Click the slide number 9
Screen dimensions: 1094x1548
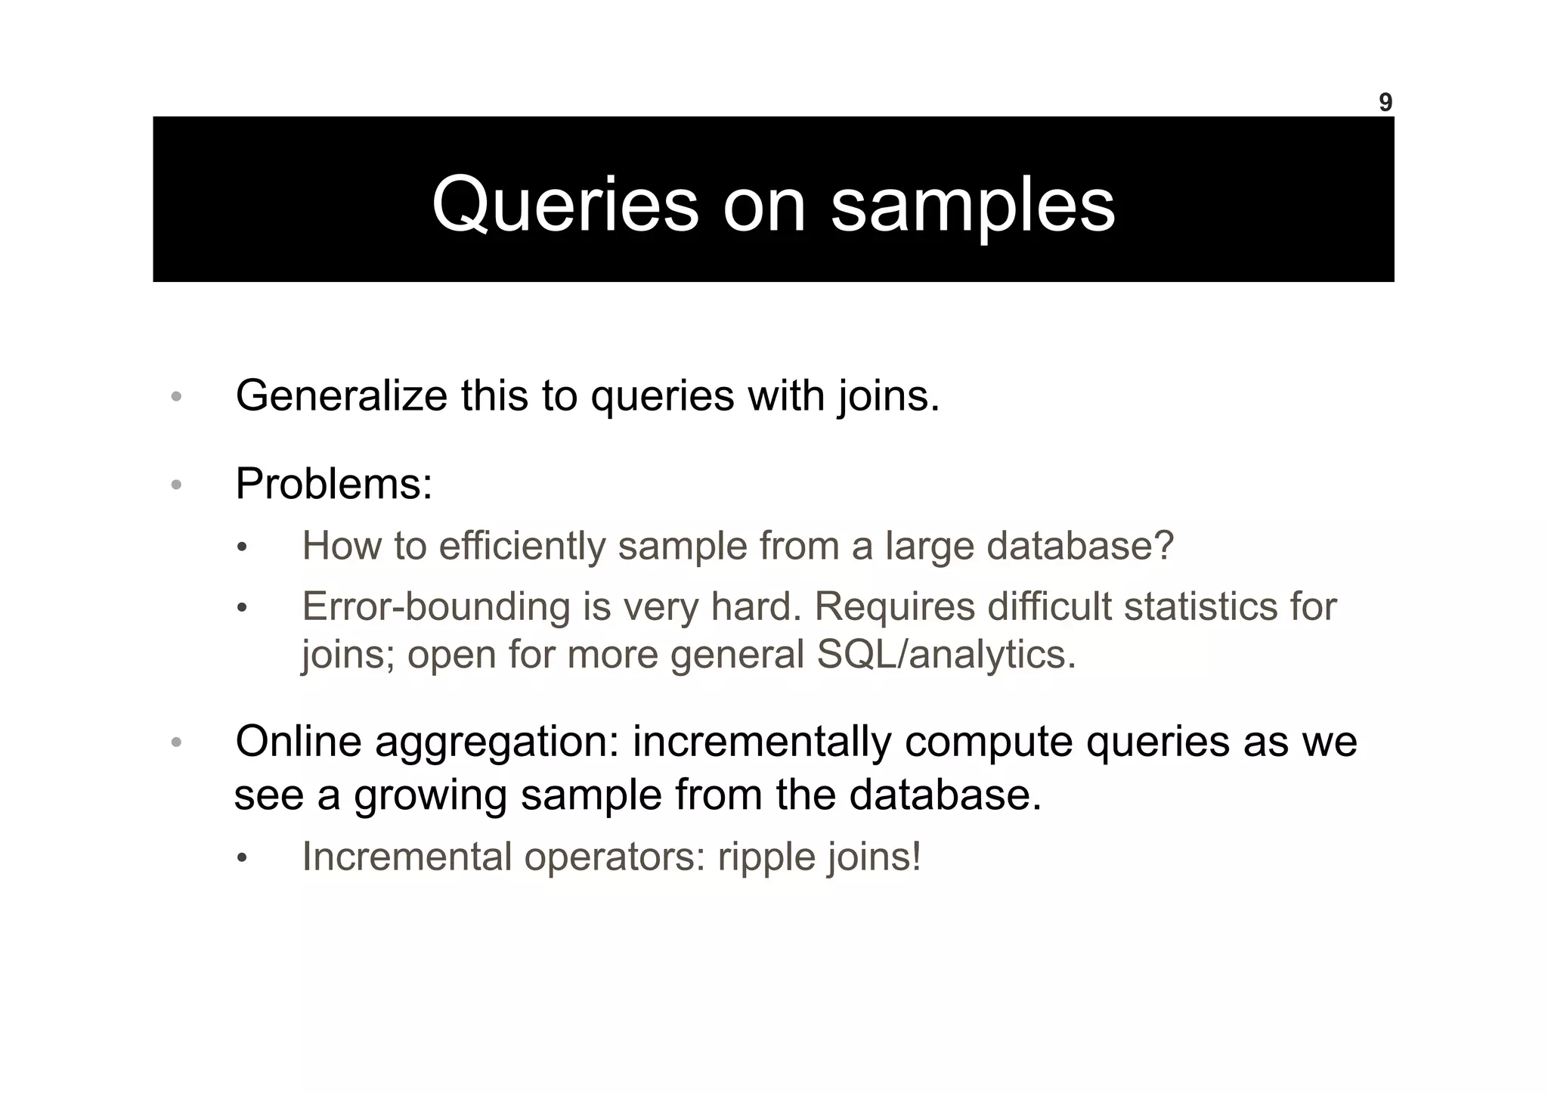1385,102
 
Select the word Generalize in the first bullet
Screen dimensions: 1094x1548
341,395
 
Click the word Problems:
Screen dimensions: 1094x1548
333,484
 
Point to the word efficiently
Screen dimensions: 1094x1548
522,545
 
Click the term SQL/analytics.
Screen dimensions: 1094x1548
946,654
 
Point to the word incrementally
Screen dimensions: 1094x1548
762,741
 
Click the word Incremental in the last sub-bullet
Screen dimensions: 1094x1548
407,857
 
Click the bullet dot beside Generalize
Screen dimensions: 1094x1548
176,397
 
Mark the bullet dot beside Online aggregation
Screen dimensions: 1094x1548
176,742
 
